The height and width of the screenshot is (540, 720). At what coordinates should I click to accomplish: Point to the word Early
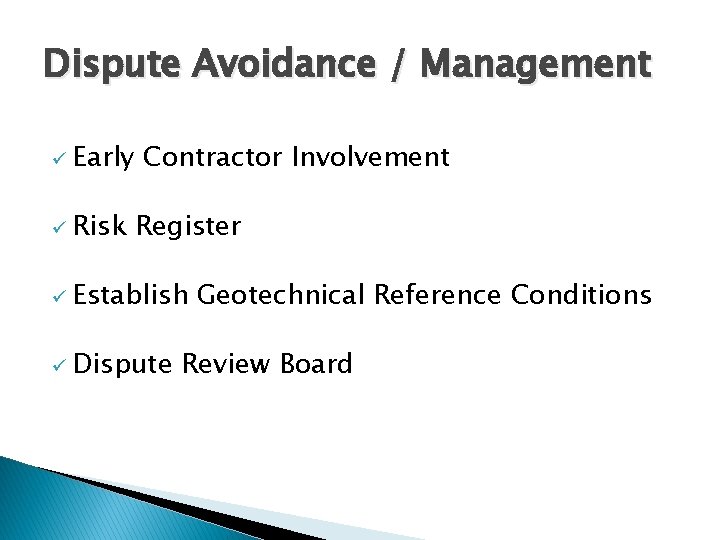click(103, 158)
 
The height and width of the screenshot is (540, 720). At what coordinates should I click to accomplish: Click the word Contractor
click(213, 157)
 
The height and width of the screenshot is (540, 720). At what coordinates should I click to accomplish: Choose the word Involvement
click(370, 157)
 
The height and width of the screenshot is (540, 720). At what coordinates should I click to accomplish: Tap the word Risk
click(100, 226)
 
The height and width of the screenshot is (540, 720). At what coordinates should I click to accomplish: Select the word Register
click(189, 227)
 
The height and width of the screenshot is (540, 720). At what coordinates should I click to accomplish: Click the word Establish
click(131, 295)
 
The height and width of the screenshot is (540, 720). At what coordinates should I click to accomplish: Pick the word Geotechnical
click(281, 295)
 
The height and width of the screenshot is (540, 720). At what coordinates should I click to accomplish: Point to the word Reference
click(438, 295)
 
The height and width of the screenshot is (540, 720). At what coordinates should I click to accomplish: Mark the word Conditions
click(581, 295)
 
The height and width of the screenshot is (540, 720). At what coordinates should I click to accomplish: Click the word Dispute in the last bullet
click(123, 365)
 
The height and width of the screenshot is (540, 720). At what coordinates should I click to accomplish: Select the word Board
click(316, 364)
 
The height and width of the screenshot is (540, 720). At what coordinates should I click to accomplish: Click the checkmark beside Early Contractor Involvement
click(59, 159)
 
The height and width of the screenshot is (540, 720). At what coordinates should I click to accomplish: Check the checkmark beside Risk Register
click(59, 228)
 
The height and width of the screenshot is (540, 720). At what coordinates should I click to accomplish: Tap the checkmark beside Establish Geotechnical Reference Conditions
click(59, 297)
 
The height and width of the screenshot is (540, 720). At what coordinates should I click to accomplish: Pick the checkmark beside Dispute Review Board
click(59, 366)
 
